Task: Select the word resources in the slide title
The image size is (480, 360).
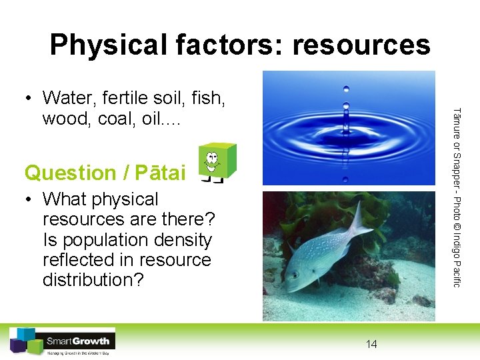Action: point(361,45)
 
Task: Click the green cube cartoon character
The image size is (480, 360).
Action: point(217,161)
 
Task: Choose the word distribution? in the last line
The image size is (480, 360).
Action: point(93,279)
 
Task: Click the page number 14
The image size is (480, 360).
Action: point(371,344)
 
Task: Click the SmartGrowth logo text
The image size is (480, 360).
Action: point(79,341)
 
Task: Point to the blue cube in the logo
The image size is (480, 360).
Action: point(27,334)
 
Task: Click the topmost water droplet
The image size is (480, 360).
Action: point(345,88)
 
